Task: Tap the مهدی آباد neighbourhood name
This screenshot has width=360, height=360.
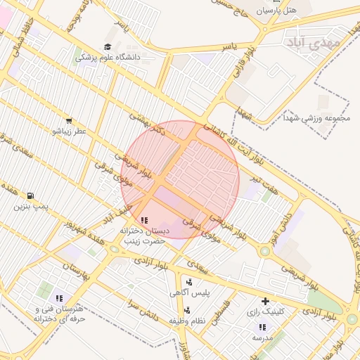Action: [x=313, y=42]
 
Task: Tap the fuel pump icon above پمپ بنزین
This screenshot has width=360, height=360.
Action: [x=30, y=195]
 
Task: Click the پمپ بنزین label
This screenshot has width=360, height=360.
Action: [x=32, y=207]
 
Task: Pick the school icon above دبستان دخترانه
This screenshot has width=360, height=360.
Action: [x=144, y=221]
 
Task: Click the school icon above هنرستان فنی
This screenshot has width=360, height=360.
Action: [x=59, y=298]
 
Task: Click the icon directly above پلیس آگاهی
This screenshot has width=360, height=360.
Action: [x=188, y=282]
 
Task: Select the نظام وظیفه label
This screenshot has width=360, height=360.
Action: [x=186, y=321]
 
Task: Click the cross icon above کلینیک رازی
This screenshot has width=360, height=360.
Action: [x=265, y=301]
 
